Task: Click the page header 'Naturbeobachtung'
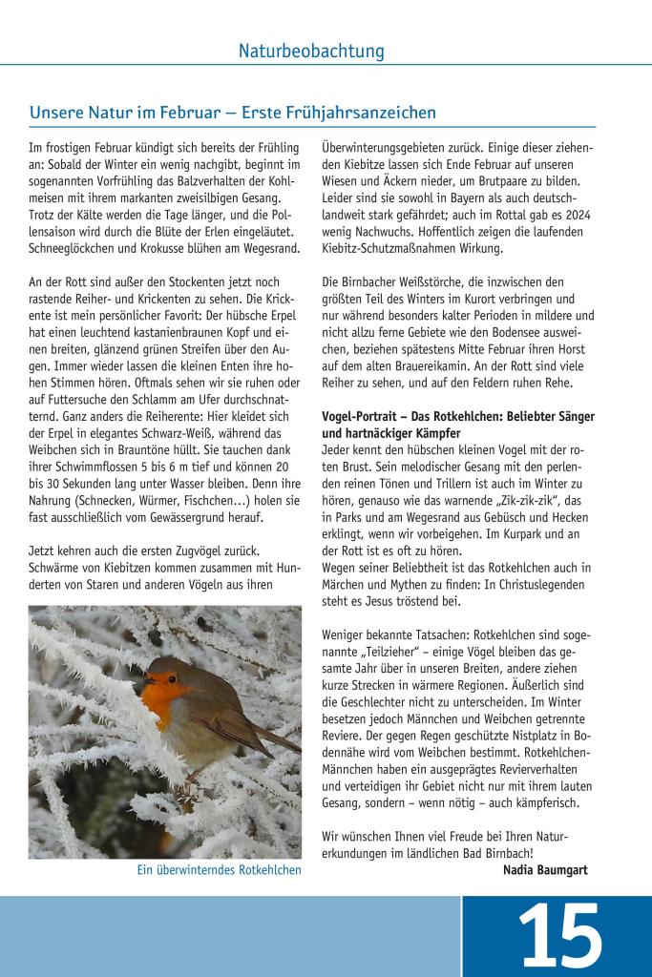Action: tap(311, 51)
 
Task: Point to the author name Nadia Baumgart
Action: tap(544, 870)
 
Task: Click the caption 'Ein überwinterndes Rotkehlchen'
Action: tap(219, 870)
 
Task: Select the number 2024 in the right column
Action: tap(577, 216)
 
